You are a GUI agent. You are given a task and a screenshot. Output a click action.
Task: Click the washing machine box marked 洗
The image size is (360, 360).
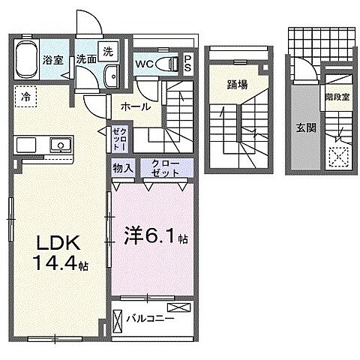(109, 52)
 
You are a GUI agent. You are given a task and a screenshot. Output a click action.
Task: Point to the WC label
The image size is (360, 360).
(145, 64)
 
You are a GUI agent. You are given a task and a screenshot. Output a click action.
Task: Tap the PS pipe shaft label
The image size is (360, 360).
(188, 64)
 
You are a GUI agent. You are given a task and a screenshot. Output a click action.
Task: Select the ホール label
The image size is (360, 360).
(132, 107)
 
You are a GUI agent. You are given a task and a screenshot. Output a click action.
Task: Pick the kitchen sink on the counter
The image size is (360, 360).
(57, 145)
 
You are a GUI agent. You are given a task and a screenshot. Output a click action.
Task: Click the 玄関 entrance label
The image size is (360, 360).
(305, 127)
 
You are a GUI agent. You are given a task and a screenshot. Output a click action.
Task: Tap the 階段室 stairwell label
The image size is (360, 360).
(336, 96)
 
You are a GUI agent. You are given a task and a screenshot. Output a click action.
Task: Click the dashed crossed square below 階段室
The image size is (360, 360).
(340, 155)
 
